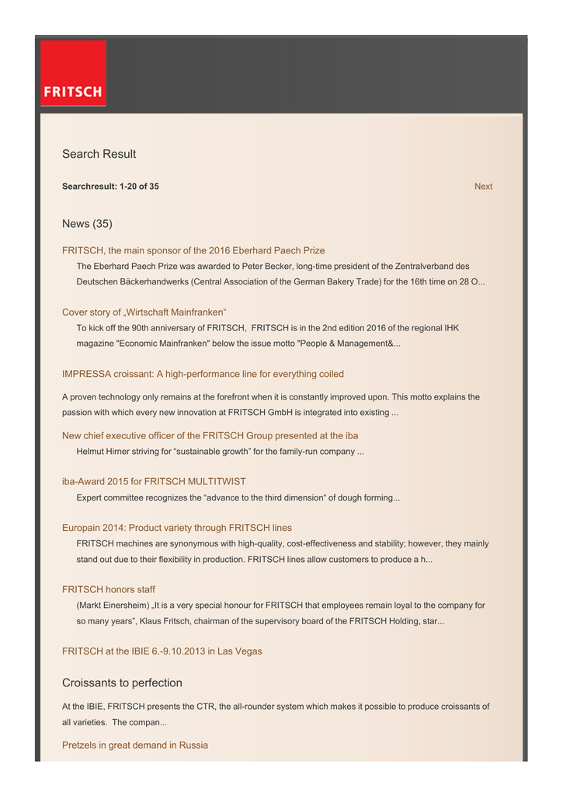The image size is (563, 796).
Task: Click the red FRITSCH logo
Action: click(73, 73)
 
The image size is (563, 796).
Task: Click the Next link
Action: click(483, 187)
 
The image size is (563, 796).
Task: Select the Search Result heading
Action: click(99, 154)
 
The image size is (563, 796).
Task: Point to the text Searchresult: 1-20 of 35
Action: click(110, 187)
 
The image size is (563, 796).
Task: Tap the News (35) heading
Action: click(87, 224)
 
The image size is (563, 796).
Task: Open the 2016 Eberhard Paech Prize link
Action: click(193, 250)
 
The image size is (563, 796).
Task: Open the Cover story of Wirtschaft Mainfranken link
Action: click(144, 312)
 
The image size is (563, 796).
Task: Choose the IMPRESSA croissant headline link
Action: click(203, 374)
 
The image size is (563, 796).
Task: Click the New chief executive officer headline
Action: click(210, 435)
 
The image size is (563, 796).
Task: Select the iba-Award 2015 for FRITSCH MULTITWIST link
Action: click(154, 482)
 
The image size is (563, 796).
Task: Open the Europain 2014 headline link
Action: click(177, 528)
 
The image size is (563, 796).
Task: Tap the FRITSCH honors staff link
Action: click(109, 590)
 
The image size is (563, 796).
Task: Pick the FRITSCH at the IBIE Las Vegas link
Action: click(162, 651)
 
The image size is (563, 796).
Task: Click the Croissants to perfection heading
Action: click(122, 683)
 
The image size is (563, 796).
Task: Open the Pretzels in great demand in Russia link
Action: click(135, 745)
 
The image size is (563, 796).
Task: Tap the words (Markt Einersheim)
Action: click(111, 606)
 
